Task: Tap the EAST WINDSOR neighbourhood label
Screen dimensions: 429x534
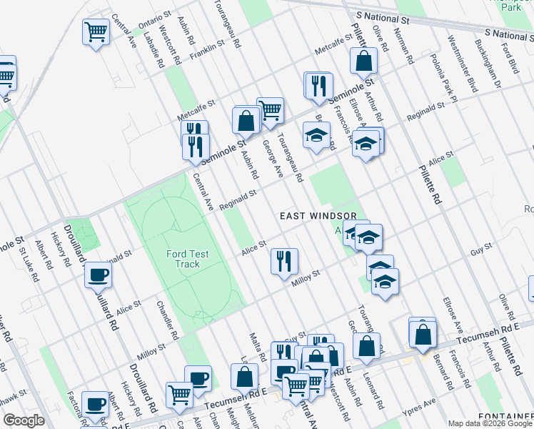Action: tap(317, 216)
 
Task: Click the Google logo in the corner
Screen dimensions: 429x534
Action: tap(23, 420)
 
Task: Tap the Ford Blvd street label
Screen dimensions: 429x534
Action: tap(510, 60)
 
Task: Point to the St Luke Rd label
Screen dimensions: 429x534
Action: tap(27, 264)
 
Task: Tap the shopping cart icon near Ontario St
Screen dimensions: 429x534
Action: tap(96, 31)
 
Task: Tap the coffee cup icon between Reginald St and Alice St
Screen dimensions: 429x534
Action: tap(97, 274)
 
